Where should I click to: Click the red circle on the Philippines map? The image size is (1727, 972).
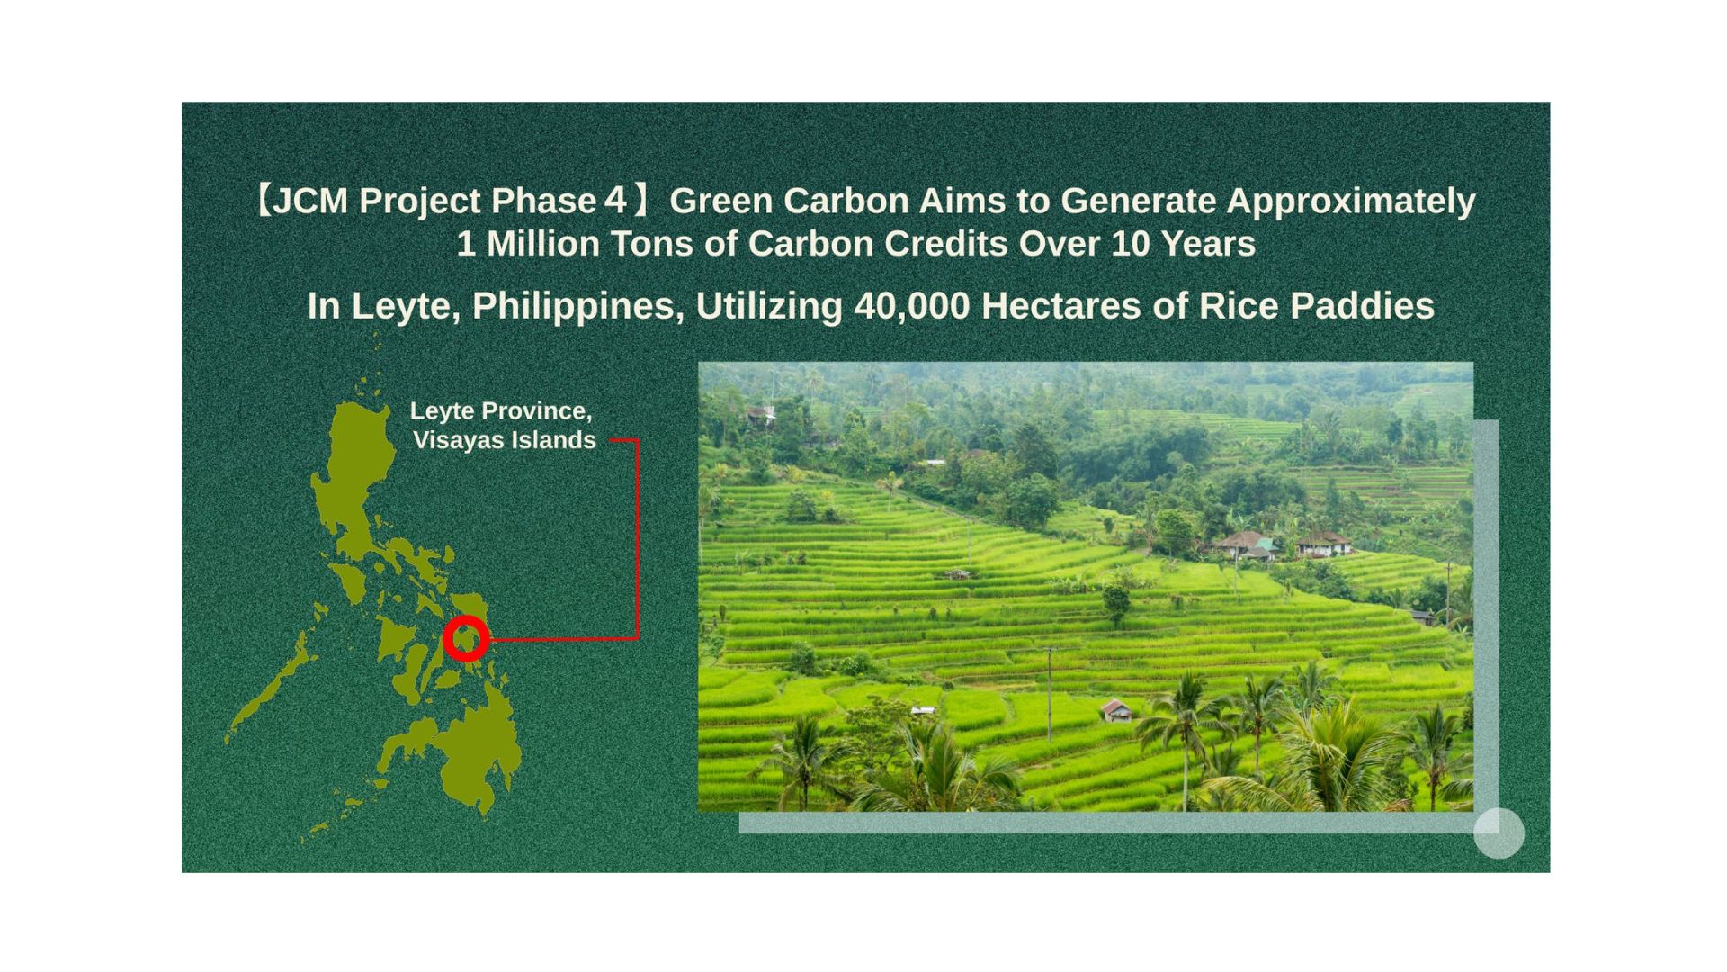[x=466, y=639]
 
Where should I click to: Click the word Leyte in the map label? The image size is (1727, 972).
[x=442, y=411]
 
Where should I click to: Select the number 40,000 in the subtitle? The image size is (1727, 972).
[x=911, y=306]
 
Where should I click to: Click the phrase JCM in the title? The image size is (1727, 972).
[x=310, y=201]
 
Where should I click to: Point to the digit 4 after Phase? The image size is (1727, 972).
[x=615, y=201]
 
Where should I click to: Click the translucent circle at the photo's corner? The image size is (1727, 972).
[x=1499, y=832]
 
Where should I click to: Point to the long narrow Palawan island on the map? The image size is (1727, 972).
[x=270, y=688]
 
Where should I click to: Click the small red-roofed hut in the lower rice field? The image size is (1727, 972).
[x=1116, y=711]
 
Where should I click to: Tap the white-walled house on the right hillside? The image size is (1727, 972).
[x=1322, y=544]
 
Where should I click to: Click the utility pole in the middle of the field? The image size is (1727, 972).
[x=1049, y=693]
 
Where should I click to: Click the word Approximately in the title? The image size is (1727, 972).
[x=1350, y=201]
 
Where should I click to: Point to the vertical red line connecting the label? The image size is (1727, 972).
[x=638, y=540]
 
